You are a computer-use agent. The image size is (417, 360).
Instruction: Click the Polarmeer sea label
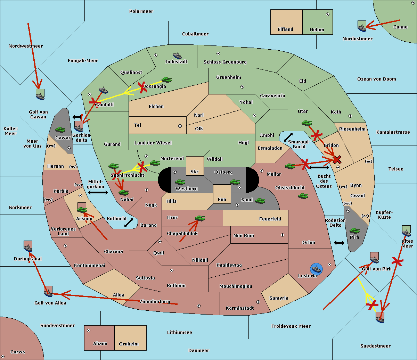coord(141,11)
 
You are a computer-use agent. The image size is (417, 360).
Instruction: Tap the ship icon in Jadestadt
coord(177,56)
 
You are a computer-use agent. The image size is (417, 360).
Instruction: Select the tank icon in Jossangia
coord(167,80)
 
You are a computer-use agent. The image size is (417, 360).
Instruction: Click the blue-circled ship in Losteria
coord(316,268)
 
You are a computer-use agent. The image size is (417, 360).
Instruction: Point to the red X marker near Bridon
coord(337,160)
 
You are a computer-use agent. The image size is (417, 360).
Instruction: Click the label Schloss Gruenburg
coord(225,62)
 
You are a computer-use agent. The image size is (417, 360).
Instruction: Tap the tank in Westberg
coord(180,182)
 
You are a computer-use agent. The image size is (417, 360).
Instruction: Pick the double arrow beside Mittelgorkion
coord(98,192)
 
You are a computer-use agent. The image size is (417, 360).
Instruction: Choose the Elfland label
coord(285,30)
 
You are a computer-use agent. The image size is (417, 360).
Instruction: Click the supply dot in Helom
coord(327,14)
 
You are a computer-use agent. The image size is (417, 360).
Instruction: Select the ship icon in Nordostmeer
coord(362,27)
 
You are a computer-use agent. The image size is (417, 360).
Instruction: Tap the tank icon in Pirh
coord(354,231)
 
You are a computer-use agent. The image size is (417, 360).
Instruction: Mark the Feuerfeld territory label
coord(270,219)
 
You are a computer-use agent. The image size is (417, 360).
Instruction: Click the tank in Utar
coord(306,123)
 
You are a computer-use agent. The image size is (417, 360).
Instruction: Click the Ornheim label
coord(129,344)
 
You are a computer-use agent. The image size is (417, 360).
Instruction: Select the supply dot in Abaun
coord(89,330)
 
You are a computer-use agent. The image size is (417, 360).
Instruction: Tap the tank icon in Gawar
coord(60,129)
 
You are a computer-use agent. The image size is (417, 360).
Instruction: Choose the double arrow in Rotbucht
coord(129,223)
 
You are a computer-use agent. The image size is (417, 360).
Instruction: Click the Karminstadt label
coord(240,308)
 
